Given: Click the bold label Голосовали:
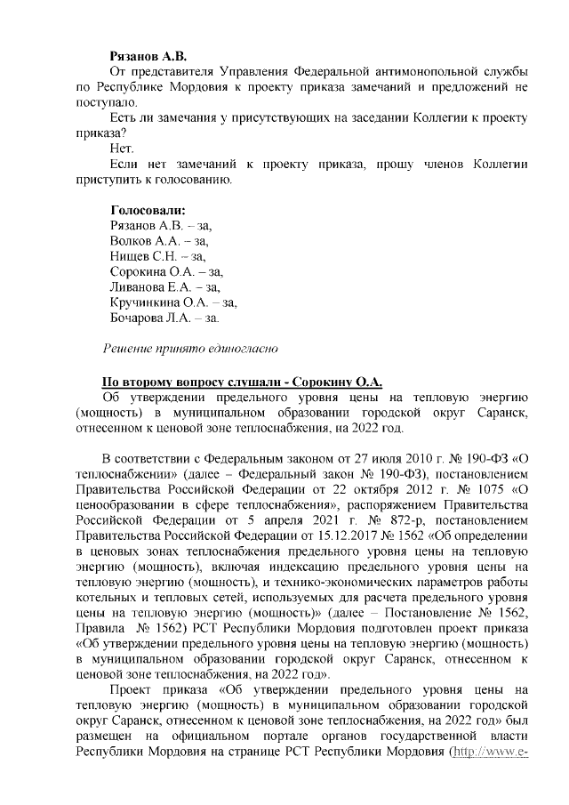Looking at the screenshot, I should pyautogui.click(x=147, y=211).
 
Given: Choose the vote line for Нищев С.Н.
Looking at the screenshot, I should pyautogui.click(x=156, y=256).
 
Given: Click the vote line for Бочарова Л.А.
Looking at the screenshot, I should pyautogui.click(x=163, y=317).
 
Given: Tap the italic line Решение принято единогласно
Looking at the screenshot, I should pyautogui.click(x=192, y=348).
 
